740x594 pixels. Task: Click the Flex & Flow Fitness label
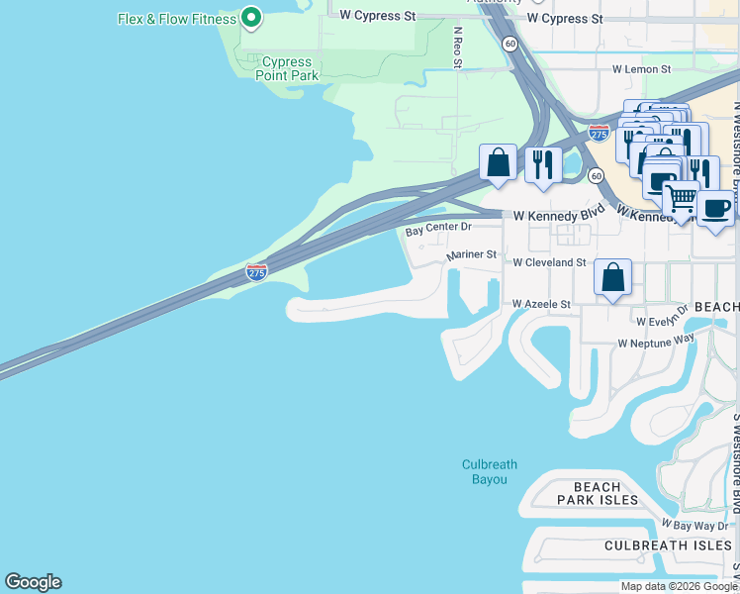(x=177, y=19)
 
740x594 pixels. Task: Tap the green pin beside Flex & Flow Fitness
(x=251, y=17)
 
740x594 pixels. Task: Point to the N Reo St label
(x=458, y=48)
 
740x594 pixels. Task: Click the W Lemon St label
(x=641, y=69)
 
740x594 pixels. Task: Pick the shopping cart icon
(x=680, y=201)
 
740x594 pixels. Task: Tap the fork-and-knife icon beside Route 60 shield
(x=543, y=163)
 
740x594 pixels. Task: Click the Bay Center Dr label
(x=439, y=231)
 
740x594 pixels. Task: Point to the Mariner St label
(x=471, y=254)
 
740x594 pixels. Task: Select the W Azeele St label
(x=541, y=305)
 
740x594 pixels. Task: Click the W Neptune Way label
(x=656, y=342)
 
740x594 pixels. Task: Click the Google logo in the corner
(x=33, y=582)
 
